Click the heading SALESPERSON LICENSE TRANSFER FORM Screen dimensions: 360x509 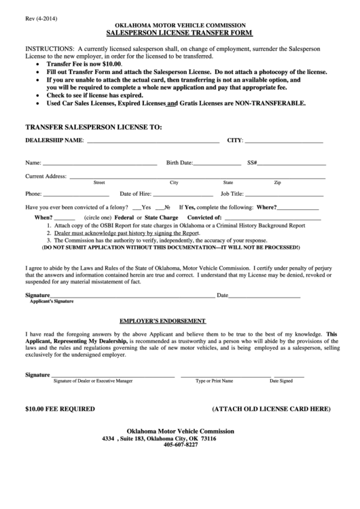pos(180,33)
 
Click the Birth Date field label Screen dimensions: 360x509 pos(180,163)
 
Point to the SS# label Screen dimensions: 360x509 pos(252,163)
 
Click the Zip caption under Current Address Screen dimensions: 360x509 pos(277,183)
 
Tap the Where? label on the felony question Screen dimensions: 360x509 pos(266,207)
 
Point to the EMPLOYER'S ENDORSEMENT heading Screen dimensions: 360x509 pos(163,320)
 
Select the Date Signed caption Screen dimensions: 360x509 pos(281,381)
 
